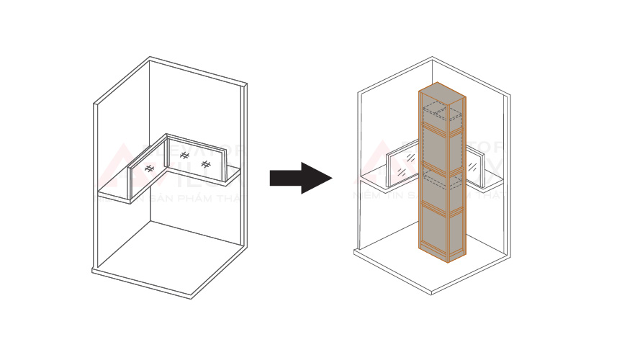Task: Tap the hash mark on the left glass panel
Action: coord(149,168)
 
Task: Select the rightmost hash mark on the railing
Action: coord(206,165)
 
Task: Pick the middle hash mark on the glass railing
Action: coord(184,156)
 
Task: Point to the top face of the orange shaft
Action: coord(441,92)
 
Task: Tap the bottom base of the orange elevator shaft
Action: coord(441,254)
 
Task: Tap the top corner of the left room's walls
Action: coord(150,59)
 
